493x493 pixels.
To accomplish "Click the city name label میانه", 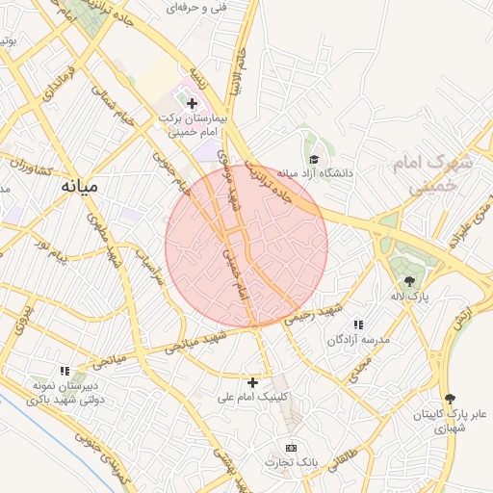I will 79,187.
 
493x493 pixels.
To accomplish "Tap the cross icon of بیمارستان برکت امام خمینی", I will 192,103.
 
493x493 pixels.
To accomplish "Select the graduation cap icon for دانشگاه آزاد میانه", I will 313,159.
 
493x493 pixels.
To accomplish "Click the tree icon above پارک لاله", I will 410,281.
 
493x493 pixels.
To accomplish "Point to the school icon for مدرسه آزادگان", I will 359,325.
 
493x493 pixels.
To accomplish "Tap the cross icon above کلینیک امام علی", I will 253,382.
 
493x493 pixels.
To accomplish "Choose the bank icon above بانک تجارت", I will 292,448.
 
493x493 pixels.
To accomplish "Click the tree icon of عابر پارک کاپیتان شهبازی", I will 450,399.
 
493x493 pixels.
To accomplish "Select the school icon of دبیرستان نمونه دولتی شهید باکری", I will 65,370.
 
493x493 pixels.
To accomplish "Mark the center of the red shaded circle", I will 246,246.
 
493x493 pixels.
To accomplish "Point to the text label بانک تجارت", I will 292,463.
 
